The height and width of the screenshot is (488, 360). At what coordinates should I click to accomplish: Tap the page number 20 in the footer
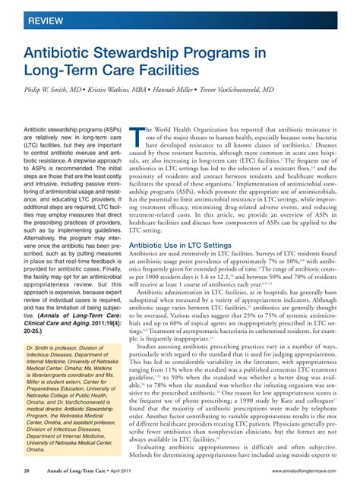coord(27,473)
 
